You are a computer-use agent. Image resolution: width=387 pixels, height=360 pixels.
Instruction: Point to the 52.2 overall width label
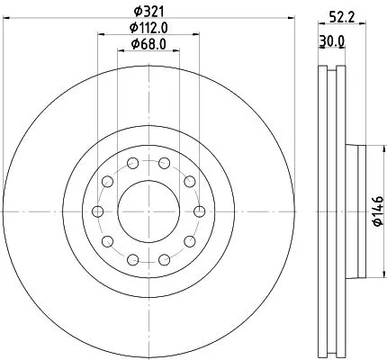point(336,15)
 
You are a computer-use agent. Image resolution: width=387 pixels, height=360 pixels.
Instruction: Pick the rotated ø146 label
point(377,211)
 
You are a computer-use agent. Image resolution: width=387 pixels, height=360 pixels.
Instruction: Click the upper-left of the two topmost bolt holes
point(132,164)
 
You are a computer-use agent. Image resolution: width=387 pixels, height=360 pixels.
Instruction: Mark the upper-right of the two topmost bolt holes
point(163,164)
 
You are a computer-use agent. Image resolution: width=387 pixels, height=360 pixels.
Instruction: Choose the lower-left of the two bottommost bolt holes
point(132,259)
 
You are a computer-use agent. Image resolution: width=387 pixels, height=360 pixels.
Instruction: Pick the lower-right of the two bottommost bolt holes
point(163,259)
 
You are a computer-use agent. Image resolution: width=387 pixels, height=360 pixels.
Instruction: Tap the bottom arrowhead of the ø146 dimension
point(367,273)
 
